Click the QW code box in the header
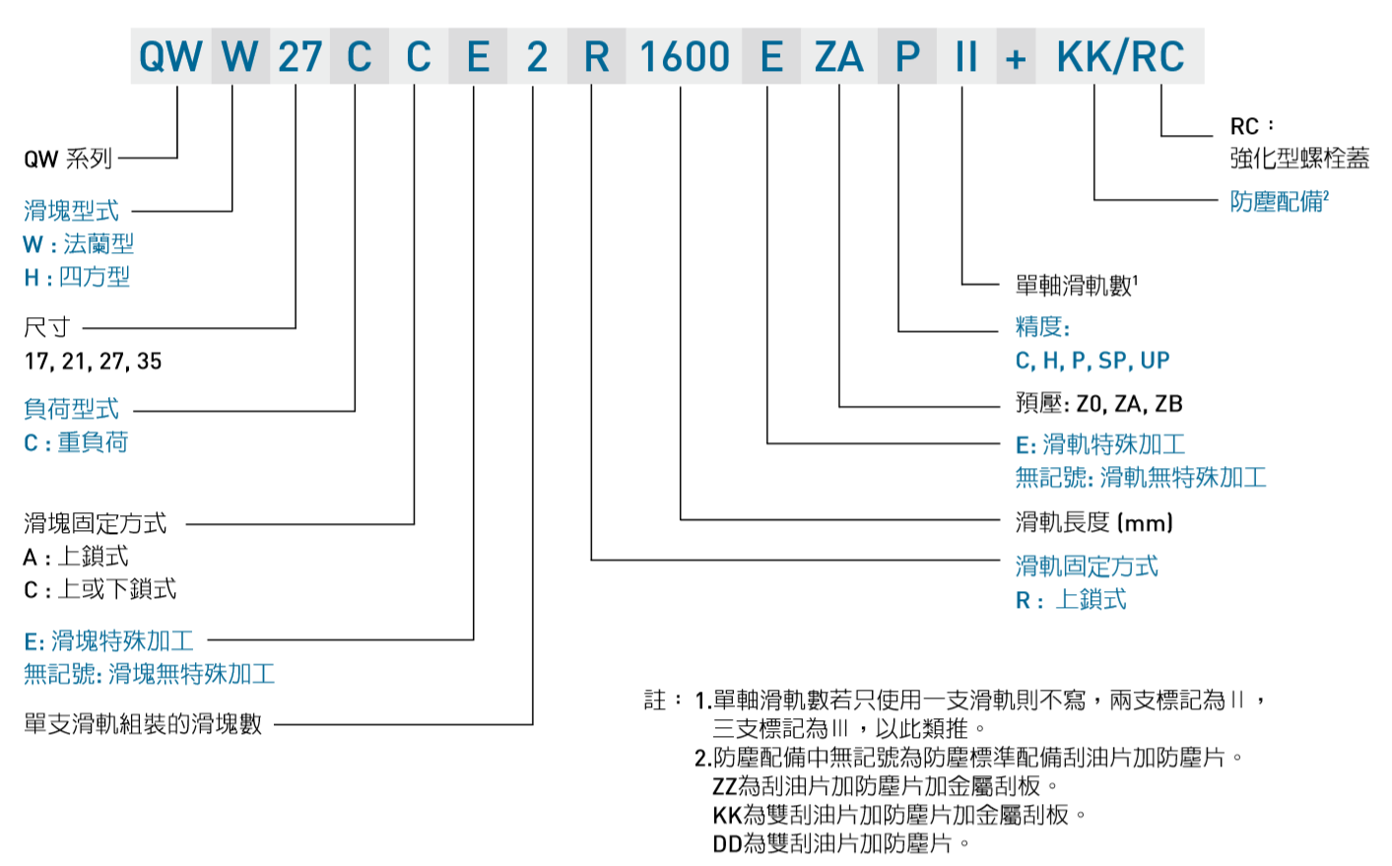(x=170, y=57)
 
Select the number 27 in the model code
(x=299, y=57)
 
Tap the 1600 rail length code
(x=685, y=57)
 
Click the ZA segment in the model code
(x=838, y=57)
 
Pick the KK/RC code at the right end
(x=1120, y=57)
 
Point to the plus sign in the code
(x=1016, y=59)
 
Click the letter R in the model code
(x=596, y=57)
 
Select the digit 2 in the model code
(x=537, y=57)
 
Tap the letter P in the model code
(x=907, y=57)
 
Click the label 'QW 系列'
(x=68, y=159)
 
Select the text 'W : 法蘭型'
(x=79, y=243)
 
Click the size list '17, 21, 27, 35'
(x=93, y=362)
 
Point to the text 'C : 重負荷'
(x=76, y=442)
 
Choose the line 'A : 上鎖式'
(x=76, y=557)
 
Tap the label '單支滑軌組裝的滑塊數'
(x=143, y=724)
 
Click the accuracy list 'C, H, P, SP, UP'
(x=1093, y=361)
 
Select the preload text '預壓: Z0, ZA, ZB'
(x=1098, y=404)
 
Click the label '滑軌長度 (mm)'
(x=1094, y=522)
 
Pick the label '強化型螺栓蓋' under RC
(x=1298, y=159)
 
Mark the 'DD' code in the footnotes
(x=727, y=843)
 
